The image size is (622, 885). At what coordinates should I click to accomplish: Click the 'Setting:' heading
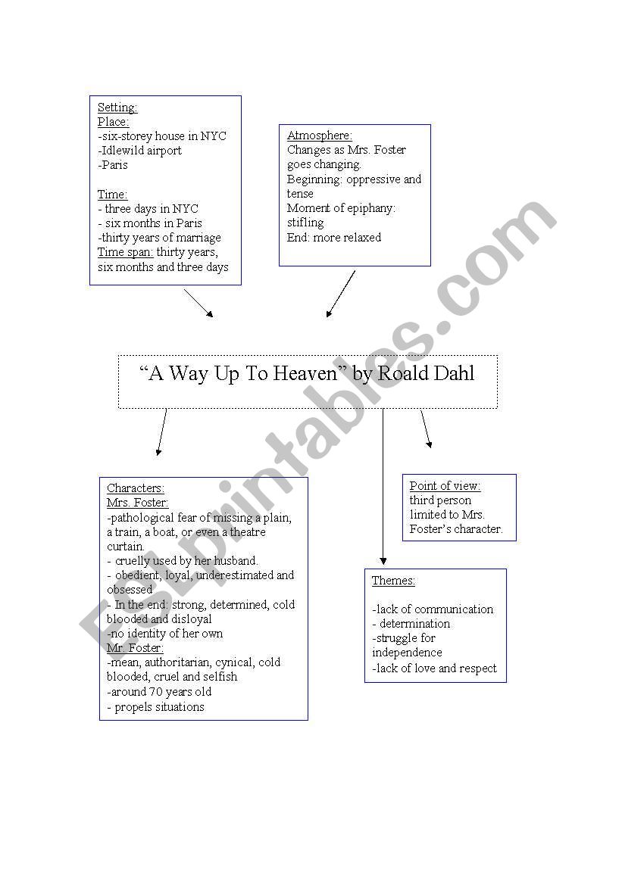[117, 108]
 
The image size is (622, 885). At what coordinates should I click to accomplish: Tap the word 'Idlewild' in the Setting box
[123, 151]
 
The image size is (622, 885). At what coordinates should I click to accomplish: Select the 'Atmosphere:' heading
[319, 136]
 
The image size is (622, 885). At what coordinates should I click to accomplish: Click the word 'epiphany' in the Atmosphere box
[370, 208]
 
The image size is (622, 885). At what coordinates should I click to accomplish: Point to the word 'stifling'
[305, 223]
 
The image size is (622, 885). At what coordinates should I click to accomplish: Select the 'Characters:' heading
[135, 488]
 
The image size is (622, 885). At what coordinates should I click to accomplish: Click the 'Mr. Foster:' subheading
[135, 648]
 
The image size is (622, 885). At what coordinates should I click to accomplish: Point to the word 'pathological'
[142, 518]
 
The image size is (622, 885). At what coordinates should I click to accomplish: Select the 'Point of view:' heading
[445, 486]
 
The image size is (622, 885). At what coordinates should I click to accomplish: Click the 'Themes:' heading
[393, 581]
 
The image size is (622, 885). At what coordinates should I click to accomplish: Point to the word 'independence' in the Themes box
[407, 653]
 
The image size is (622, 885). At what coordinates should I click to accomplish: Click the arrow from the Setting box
[198, 304]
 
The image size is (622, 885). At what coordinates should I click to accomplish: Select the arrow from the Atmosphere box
[341, 294]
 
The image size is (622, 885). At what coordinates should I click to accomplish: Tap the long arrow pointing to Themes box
[383, 487]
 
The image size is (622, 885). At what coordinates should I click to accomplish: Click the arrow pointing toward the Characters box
[161, 432]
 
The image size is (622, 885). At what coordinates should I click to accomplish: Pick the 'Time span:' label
[125, 252]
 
